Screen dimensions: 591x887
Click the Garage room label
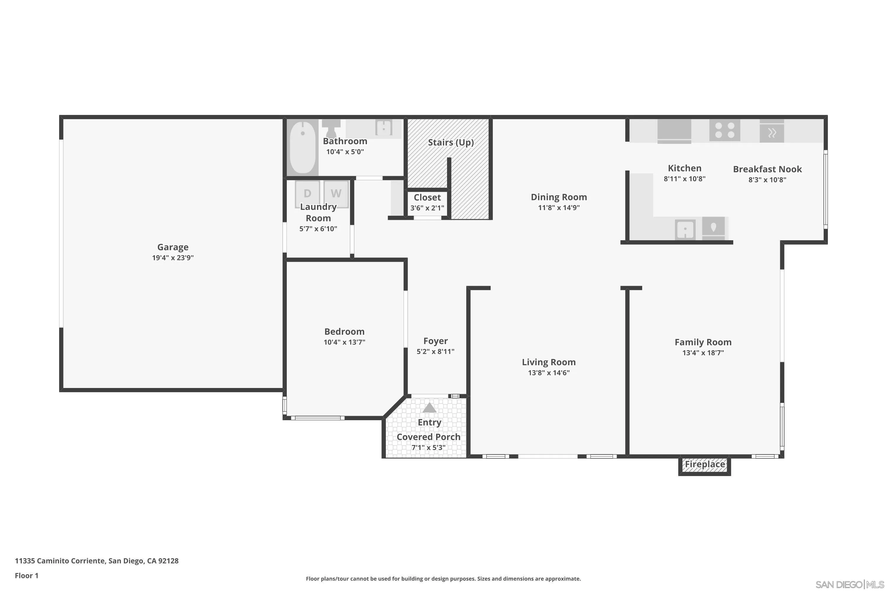point(173,247)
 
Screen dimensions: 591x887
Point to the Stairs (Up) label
point(451,142)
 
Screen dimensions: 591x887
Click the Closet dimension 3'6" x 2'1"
point(427,208)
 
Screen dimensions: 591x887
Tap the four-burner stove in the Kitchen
point(724,130)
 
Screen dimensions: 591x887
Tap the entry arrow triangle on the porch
point(429,408)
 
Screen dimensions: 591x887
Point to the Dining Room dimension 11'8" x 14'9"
point(559,208)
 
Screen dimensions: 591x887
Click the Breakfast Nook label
point(767,169)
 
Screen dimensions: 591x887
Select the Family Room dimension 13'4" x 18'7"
point(703,353)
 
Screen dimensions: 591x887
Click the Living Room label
point(548,362)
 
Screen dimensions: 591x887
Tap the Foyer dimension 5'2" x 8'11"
point(435,352)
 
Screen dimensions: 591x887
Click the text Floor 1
point(26,576)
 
